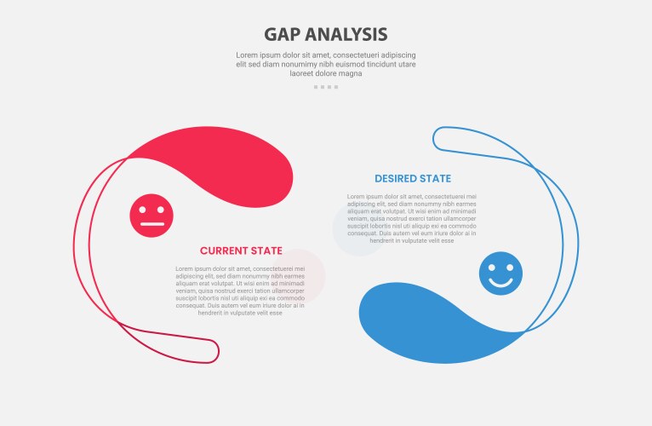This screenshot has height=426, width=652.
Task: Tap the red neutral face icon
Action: pyautogui.click(x=152, y=216)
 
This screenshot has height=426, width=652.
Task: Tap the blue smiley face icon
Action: pyautogui.click(x=500, y=273)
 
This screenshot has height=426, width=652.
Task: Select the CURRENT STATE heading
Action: pyautogui.click(x=241, y=250)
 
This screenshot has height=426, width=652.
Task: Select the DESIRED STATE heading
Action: pyautogui.click(x=413, y=179)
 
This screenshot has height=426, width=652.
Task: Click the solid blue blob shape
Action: pyautogui.click(x=426, y=324)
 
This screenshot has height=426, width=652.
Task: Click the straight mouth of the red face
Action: pyautogui.click(x=152, y=224)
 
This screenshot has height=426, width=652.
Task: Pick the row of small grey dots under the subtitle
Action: pyautogui.click(x=326, y=87)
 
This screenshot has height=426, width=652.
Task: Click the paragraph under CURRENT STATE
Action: pyautogui.click(x=240, y=291)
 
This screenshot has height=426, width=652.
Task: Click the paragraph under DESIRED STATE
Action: pyautogui.click(x=412, y=219)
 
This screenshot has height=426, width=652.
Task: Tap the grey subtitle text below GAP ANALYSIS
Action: pyautogui.click(x=326, y=64)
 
